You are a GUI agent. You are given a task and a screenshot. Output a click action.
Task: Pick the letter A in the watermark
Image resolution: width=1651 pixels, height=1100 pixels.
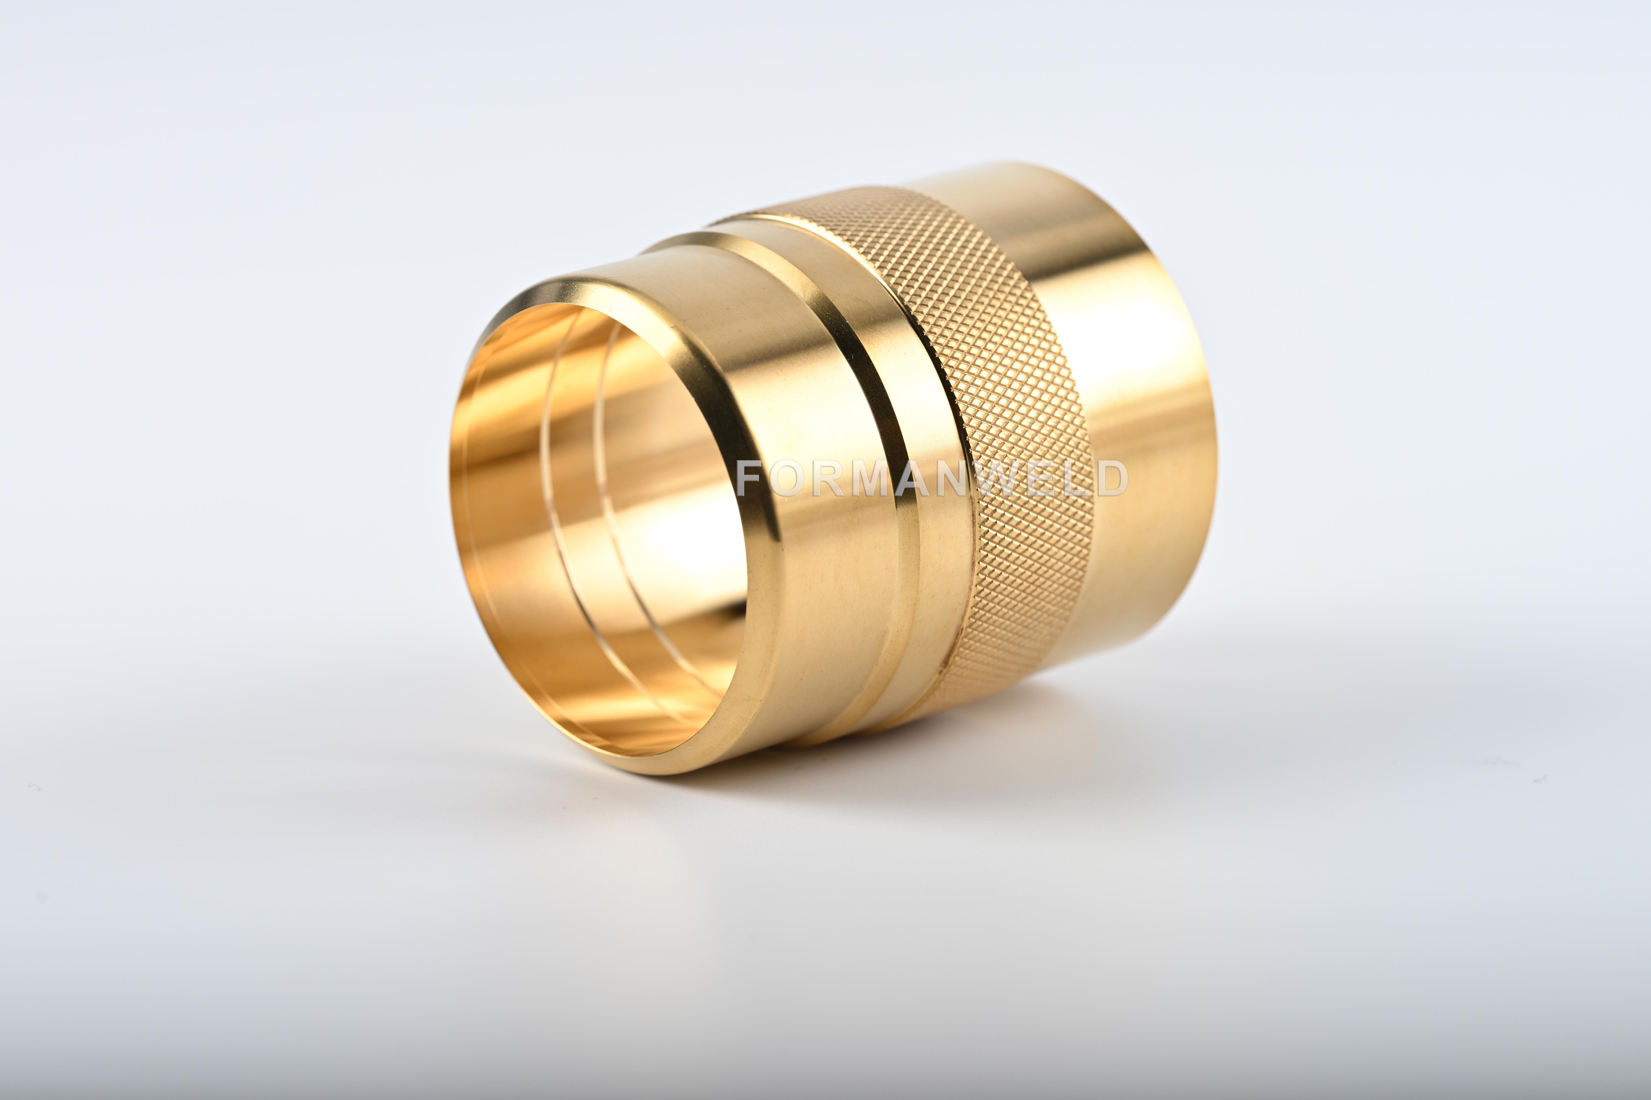tap(916, 479)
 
